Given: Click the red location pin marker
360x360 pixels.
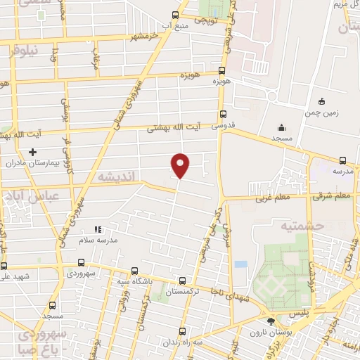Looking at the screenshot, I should (181, 165).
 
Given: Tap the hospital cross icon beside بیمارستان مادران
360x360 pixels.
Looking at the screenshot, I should (32, 152).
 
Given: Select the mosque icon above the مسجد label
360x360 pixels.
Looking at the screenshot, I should (281, 127).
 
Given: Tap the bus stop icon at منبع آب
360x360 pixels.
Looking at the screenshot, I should (175, 15).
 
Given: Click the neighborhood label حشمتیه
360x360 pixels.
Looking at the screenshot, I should (281, 226).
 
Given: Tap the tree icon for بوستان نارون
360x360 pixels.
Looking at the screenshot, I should (271, 322).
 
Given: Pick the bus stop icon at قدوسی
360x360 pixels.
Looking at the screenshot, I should (224, 114).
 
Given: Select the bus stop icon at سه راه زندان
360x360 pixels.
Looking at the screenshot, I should (182, 331).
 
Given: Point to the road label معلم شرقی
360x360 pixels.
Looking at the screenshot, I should (333, 196).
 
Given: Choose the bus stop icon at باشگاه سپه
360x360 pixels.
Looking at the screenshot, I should (134, 271).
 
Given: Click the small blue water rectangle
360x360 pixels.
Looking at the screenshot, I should (241, 264).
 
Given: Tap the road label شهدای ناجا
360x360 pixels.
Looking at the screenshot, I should (231, 299).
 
